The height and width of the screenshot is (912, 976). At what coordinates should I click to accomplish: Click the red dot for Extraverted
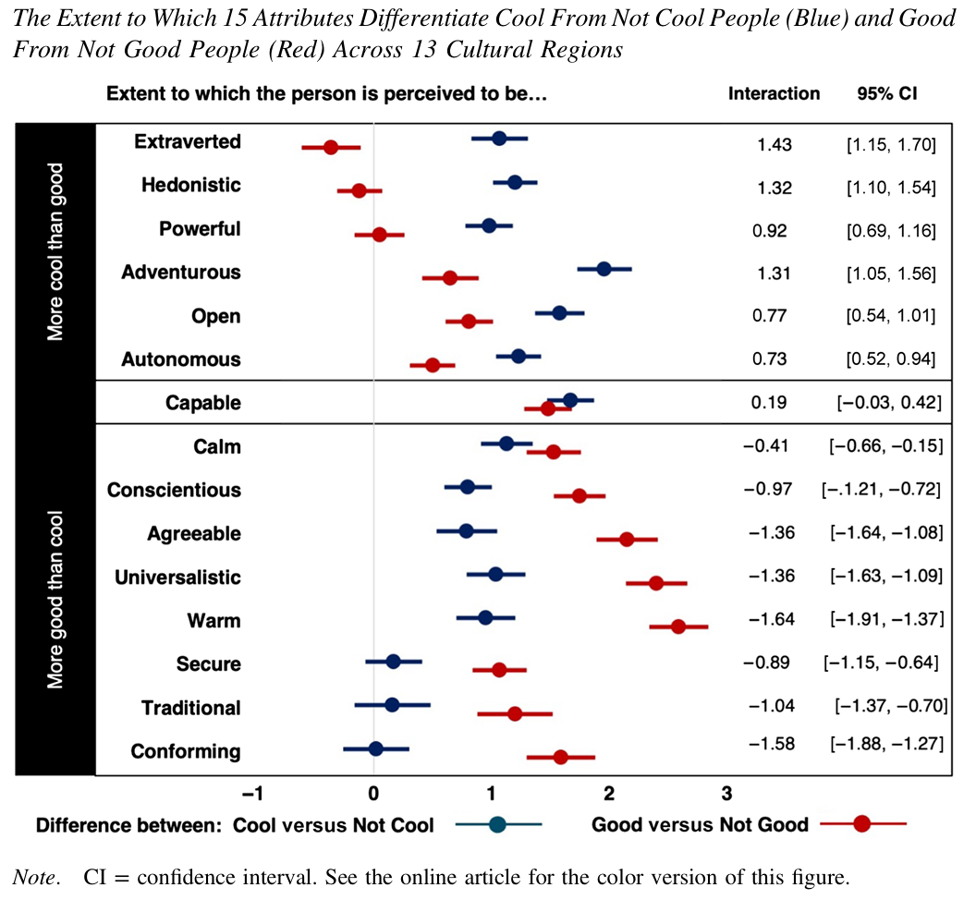tap(330, 147)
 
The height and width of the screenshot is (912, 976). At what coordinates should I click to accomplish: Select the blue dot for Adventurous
tap(604, 269)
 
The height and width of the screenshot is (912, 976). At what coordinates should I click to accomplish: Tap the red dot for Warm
tap(678, 626)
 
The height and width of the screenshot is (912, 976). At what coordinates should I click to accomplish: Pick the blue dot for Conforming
tap(375, 748)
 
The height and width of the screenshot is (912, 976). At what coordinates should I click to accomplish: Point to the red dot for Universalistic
tap(656, 583)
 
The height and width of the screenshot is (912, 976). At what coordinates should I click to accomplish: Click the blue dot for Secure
tap(393, 662)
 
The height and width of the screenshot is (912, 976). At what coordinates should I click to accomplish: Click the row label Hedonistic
tap(191, 185)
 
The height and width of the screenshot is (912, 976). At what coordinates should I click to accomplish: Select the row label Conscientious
tap(174, 490)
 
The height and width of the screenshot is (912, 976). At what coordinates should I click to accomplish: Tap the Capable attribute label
tap(203, 403)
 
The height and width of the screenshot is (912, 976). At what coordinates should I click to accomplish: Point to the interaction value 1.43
tap(775, 144)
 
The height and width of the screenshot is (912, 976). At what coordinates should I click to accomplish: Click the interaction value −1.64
tap(769, 619)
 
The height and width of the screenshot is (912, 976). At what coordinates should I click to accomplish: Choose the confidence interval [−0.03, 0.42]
tap(888, 402)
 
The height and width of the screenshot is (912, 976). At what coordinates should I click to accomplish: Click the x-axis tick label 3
tap(726, 793)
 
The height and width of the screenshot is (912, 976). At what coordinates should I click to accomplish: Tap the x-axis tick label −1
tap(251, 793)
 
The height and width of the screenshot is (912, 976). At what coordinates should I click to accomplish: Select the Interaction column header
tap(774, 93)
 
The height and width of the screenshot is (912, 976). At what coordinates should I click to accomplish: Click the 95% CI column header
tap(887, 93)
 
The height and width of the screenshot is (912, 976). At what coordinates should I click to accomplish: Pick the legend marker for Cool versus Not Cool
tap(497, 825)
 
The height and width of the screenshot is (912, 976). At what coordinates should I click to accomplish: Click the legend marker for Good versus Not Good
tap(861, 825)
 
